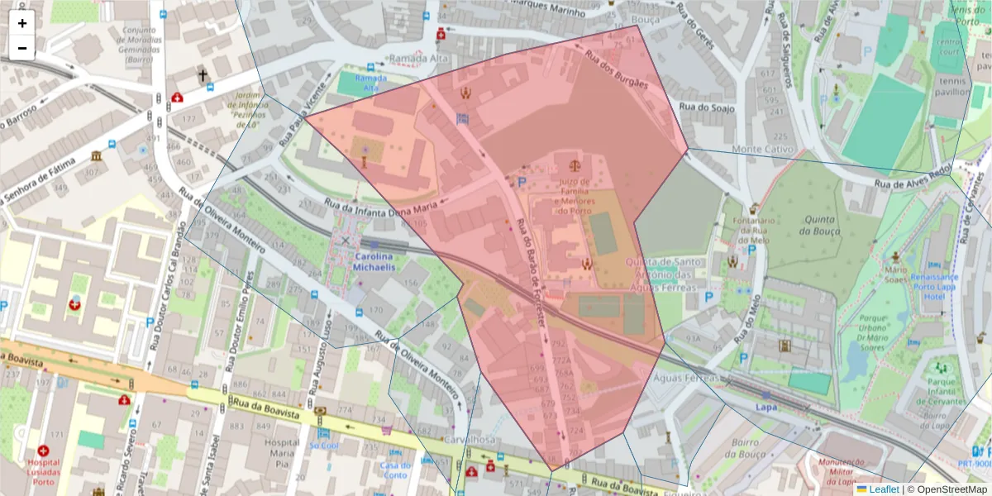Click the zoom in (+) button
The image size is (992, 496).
22,23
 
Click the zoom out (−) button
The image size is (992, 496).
22,48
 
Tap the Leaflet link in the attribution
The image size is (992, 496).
883,489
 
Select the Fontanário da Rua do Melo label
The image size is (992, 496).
751,231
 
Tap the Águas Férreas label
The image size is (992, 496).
685,377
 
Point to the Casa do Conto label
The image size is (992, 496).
395,470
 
